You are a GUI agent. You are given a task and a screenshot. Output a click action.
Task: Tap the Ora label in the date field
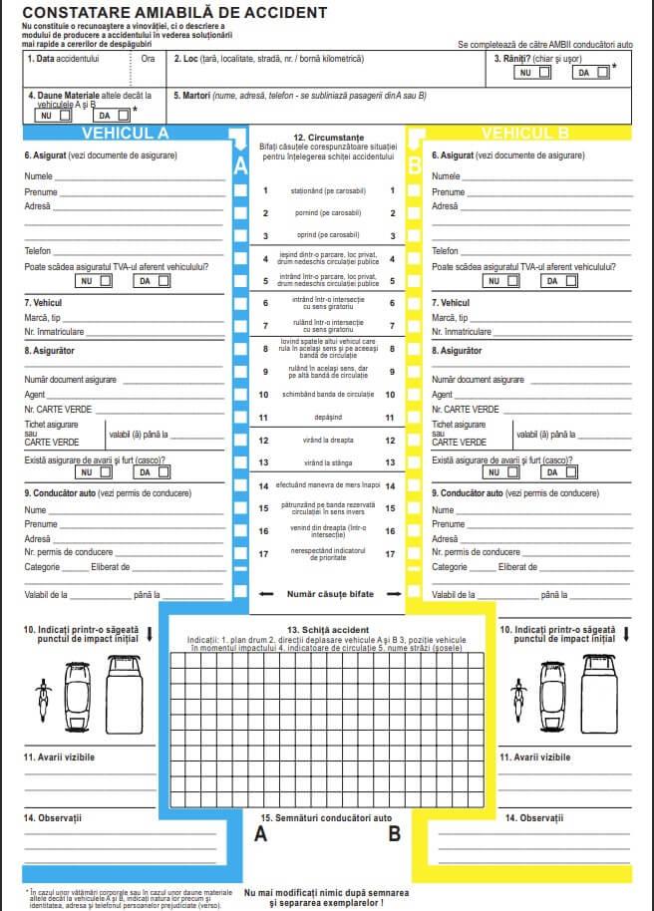[x=148, y=59]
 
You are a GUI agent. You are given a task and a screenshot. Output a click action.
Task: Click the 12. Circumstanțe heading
[x=328, y=136]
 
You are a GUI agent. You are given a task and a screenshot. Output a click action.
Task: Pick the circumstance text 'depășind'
[x=328, y=418]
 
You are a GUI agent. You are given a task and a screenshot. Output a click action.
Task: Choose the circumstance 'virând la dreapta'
[x=328, y=440]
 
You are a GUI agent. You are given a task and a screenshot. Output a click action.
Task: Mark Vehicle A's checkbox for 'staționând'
[x=240, y=190]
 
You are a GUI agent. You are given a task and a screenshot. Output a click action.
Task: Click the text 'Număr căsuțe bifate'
[x=330, y=593]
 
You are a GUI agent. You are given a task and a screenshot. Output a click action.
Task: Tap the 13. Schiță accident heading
[x=328, y=630]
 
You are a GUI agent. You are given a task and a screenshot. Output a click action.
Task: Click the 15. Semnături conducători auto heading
[x=328, y=817]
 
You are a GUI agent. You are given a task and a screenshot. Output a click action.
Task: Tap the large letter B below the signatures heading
[x=395, y=835]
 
